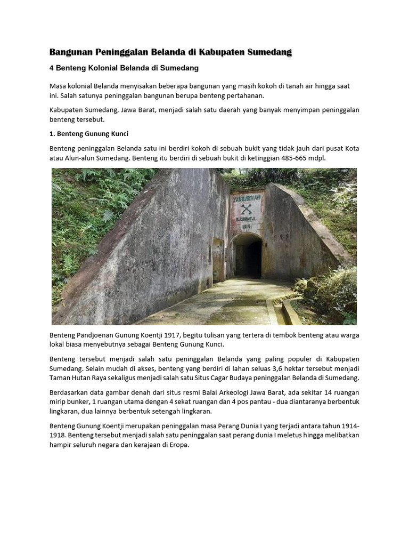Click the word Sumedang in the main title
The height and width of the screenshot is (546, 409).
coord(266,52)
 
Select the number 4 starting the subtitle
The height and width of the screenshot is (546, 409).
coord(52,68)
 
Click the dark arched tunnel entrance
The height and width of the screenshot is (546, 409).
coord(248,255)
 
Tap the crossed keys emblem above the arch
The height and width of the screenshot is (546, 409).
coord(246,209)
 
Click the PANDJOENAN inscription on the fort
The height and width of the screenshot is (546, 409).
coord(246,197)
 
